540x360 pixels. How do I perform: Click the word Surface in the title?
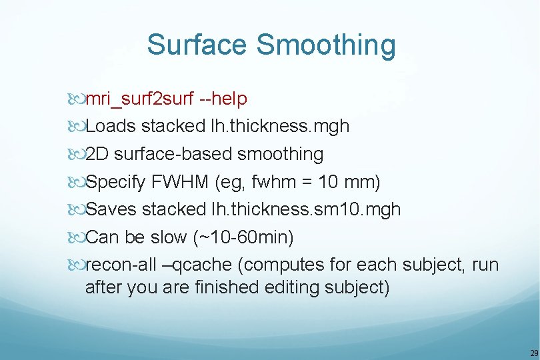click(197, 45)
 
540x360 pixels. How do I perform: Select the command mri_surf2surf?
click(140, 99)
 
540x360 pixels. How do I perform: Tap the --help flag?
click(223, 99)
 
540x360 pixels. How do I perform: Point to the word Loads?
click(111, 127)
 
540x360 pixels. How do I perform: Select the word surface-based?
click(173, 155)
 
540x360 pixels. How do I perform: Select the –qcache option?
click(198, 265)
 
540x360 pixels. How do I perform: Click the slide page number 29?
click(533, 353)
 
